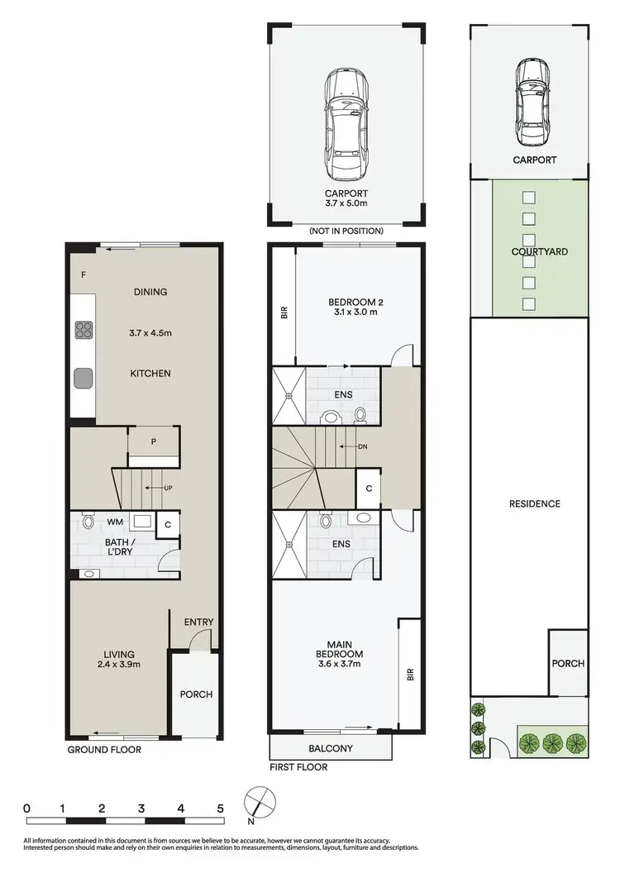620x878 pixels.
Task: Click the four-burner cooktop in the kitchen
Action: [84, 331]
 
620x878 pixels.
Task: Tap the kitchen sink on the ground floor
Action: [83, 378]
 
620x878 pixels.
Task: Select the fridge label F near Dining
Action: [83, 274]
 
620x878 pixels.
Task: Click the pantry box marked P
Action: [153, 441]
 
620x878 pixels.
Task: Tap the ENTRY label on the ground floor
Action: [198, 623]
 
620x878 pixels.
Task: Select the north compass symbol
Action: [258, 803]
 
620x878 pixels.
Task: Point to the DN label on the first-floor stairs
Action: [362, 446]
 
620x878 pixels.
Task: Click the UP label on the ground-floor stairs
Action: [169, 488]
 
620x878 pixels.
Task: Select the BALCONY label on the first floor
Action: [331, 749]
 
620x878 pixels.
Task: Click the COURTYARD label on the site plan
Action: [539, 251]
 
